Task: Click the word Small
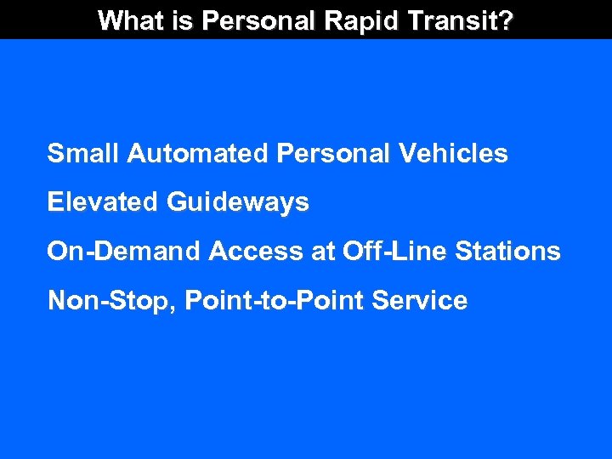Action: coord(83,154)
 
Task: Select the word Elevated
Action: coord(103,202)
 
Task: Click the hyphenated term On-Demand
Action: coord(124,252)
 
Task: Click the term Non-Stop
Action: coord(107,301)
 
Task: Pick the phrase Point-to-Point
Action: coord(270,301)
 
